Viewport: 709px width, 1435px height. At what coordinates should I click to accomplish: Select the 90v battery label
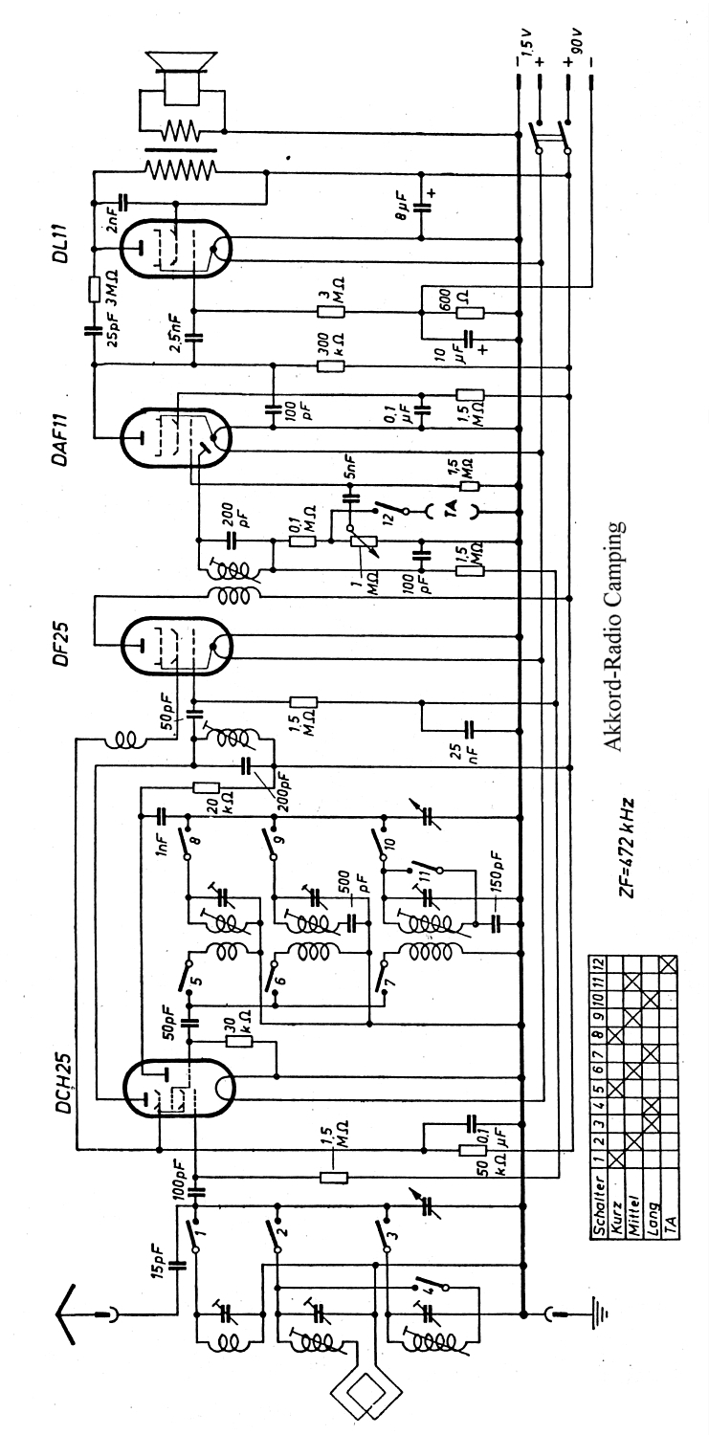(580, 45)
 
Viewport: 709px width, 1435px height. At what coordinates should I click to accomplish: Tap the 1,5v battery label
(525, 46)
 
